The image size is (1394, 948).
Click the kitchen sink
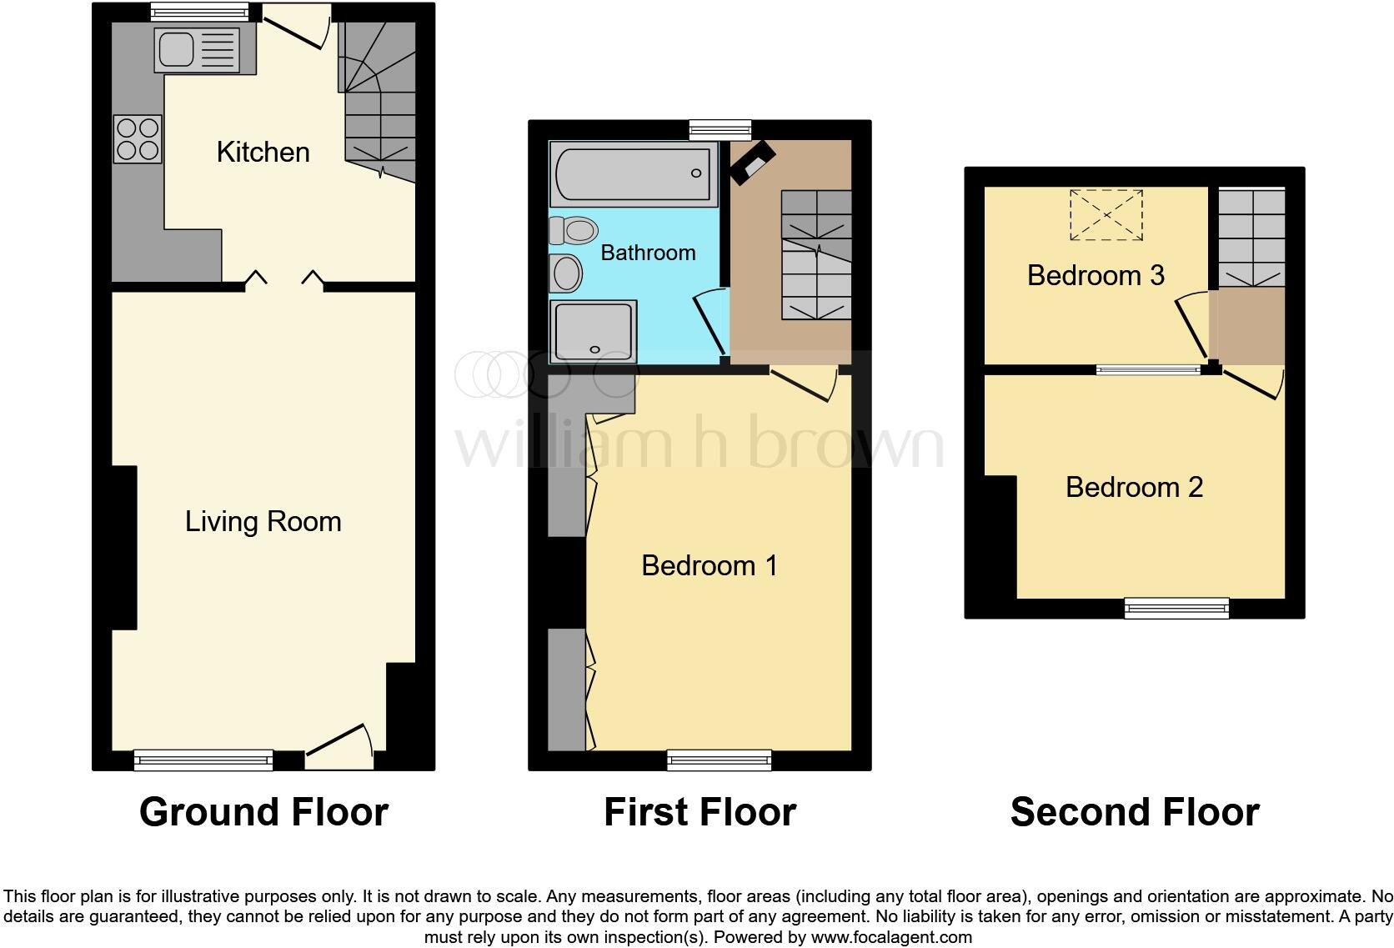coord(195,48)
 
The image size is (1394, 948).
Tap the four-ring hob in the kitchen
coord(138,139)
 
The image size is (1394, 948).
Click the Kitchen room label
coord(263,152)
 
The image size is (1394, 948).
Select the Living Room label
coord(263,522)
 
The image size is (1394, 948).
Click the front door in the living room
coord(338,744)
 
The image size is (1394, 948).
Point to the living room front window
coord(203,760)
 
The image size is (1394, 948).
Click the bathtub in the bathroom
coord(633,173)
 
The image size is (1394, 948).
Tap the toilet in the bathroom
coord(574,230)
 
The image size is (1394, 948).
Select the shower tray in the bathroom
coord(593,331)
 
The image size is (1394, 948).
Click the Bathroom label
coord(648,253)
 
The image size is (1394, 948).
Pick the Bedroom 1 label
coord(710,566)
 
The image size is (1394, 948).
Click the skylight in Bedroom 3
coord(1106,215)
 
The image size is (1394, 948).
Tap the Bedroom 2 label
coord(1134,487)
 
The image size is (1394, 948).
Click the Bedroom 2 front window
coord(1176,608)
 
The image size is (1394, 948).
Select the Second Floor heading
coord(1134,812)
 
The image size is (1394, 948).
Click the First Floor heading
coord(700,812)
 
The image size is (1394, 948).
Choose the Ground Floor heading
coord(263,812)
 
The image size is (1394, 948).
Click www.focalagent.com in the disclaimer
coord(890,937)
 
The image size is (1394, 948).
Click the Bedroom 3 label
coord(1095,275)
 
